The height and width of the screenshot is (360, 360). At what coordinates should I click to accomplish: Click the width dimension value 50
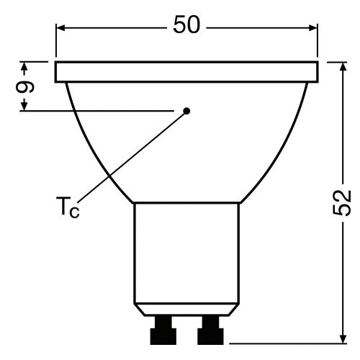click(x=187, y=25)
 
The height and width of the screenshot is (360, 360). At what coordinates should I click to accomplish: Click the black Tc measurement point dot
click(x=186, y=111)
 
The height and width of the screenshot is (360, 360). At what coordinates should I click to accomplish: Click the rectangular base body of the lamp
click(x=186, y=252)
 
